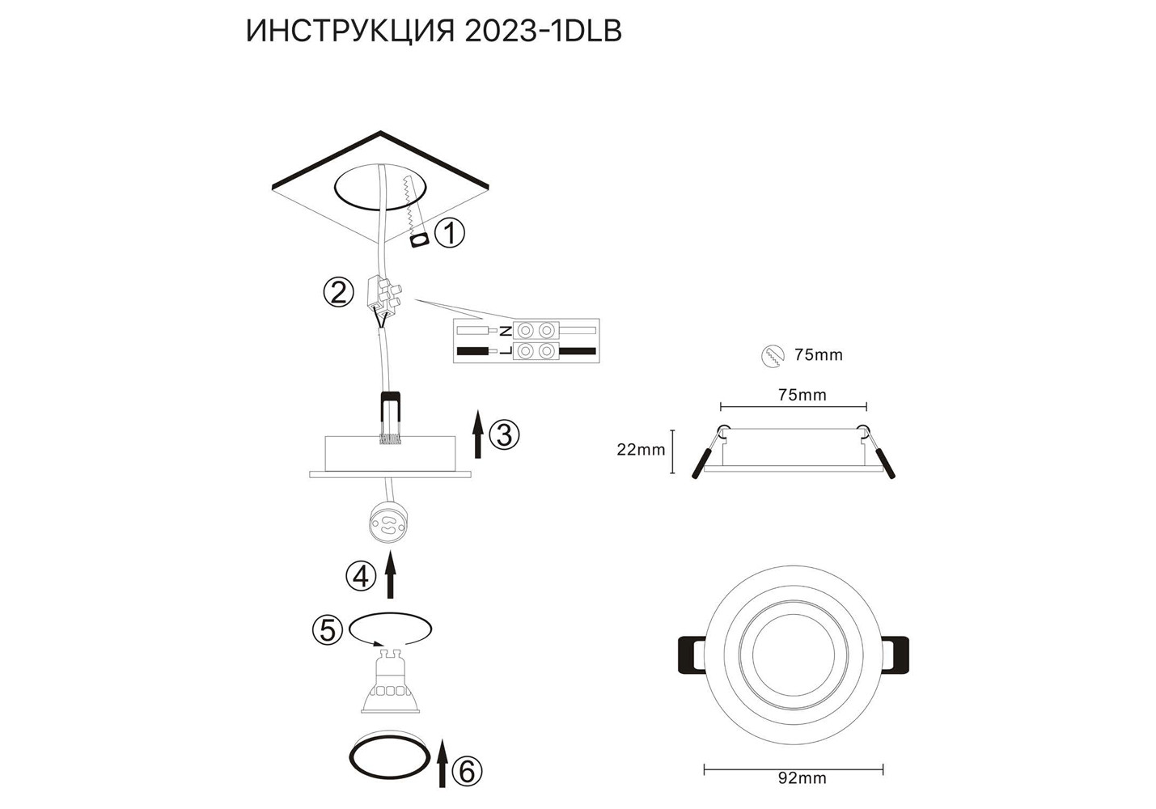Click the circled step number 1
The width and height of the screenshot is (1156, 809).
[x=450, y=234]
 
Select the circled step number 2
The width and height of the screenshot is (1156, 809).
[x=338, y=293]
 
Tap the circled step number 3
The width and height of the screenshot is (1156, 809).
[x=504, y=434]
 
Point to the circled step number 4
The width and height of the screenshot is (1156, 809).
[x=361, y=576]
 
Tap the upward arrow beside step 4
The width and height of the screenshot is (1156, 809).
[x=391, y=574]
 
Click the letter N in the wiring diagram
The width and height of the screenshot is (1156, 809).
[x=506, y=330]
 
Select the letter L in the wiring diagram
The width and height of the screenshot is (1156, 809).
[x=506, y=351]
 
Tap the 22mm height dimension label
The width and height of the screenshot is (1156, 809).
[x=641, y=449]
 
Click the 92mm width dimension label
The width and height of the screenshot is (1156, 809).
[x=802, y=793]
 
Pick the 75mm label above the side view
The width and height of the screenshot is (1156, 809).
[x=802, y=395]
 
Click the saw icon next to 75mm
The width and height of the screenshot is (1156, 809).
[x=773, y=355]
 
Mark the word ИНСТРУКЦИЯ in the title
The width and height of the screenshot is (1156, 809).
[x=350, y=32]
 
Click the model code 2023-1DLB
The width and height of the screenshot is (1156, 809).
[x=544, y=32]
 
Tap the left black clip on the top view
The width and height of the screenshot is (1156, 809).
[x=692, y=654]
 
